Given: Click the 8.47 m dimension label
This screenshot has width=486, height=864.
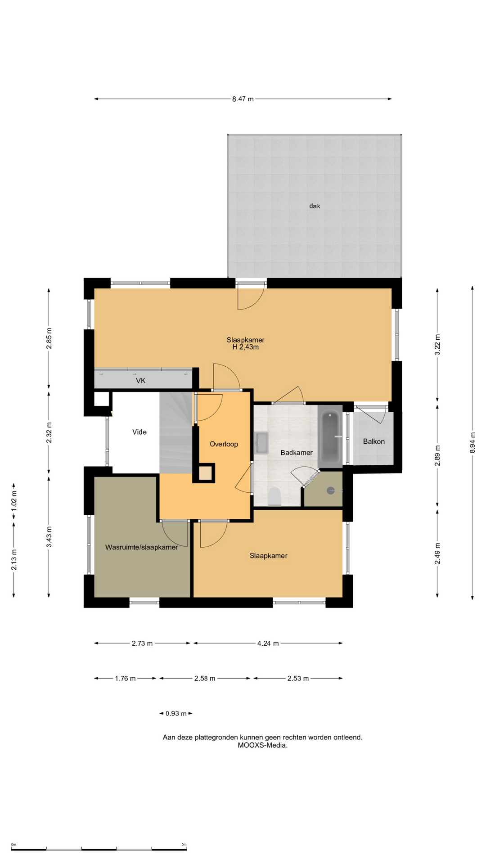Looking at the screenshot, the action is coord(243,99).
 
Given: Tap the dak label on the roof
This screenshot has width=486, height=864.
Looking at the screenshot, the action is coord(315,206).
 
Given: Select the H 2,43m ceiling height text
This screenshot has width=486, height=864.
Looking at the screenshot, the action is coord(245,347).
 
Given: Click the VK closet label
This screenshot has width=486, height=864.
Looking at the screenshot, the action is coord(140,381).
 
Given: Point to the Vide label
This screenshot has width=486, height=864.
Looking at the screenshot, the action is coord(139,432).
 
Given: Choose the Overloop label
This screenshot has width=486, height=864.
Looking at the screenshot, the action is coord(224,444).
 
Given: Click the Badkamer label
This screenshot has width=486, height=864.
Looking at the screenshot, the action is coord(297,453).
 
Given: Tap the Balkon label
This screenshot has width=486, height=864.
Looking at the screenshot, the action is coord(374,441).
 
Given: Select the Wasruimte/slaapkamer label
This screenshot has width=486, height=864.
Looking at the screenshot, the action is coord(141,547).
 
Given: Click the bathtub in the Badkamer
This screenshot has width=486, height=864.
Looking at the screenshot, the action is coord(330,437).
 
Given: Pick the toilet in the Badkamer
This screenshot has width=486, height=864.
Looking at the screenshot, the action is coord(274,497).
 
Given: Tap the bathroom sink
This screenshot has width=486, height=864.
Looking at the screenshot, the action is coord(261,443).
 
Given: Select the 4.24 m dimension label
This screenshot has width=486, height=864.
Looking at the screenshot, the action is coord(268,643).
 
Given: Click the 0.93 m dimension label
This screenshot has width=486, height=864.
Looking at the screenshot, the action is coord(176,714).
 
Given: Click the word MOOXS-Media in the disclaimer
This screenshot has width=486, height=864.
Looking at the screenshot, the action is coord(263,745).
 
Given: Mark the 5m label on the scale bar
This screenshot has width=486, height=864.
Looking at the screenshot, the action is coord(184,845).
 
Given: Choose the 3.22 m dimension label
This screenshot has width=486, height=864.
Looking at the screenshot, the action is coord(437,345).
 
